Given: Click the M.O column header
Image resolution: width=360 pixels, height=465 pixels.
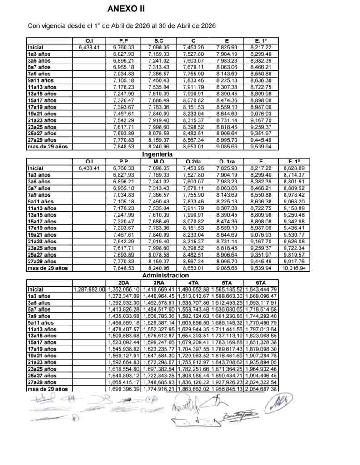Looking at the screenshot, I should pyautogui.click(x=158, y=161).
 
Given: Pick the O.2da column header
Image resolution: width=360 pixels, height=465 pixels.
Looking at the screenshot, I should pyautogui.click(x=192, y=161).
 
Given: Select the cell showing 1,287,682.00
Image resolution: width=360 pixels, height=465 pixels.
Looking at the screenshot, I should pyautogui.click(x=89, y=289).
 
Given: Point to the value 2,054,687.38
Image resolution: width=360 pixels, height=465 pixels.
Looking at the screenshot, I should pyautogui.click(x=261, y=389).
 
